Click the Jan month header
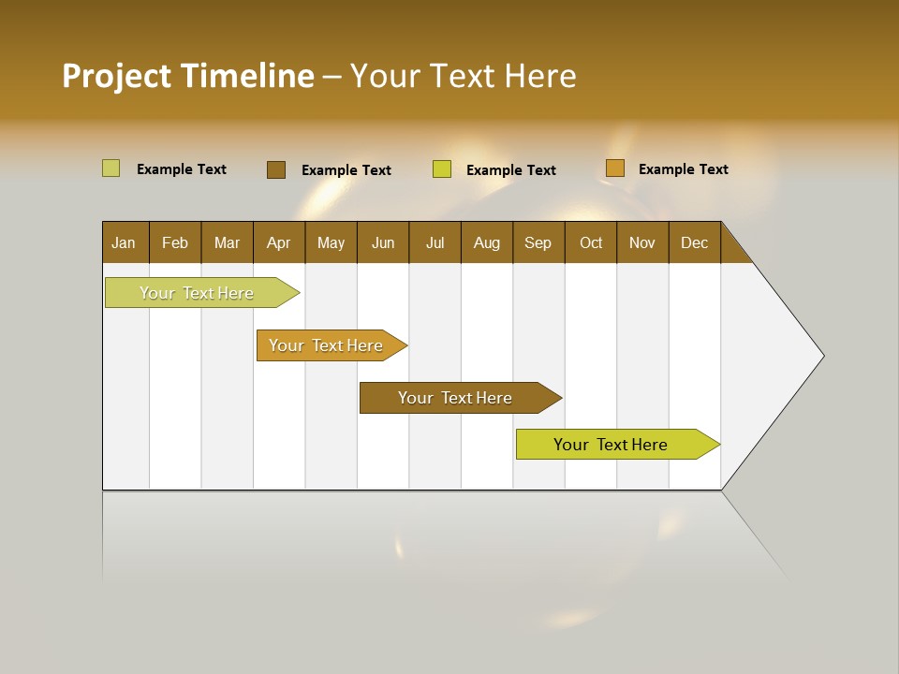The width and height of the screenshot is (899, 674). [x=125, y=242]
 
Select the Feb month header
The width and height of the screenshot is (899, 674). [x=175, y=242]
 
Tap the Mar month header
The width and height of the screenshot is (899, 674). [x=227, y=242]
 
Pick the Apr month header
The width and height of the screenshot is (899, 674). [x=279, y=242]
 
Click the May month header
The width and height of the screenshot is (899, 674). [x=331, y=242]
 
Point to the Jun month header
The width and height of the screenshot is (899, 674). [x=383, y=242]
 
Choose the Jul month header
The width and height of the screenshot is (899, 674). [x=435, y=242]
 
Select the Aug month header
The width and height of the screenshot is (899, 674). [x=487, y=242]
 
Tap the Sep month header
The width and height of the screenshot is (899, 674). [x=538, y=242]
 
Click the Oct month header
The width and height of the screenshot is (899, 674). [x=591, y=242]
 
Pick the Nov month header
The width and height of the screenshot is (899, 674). [x=642, y=242]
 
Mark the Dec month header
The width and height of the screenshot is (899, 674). [x=695, y=242]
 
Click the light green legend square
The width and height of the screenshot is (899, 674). [x=111, y=168]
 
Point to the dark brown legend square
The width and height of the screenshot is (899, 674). [x=276, y=169]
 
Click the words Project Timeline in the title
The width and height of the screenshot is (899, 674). [x=188, y=76]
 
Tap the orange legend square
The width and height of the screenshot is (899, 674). [x=614, y=168]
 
